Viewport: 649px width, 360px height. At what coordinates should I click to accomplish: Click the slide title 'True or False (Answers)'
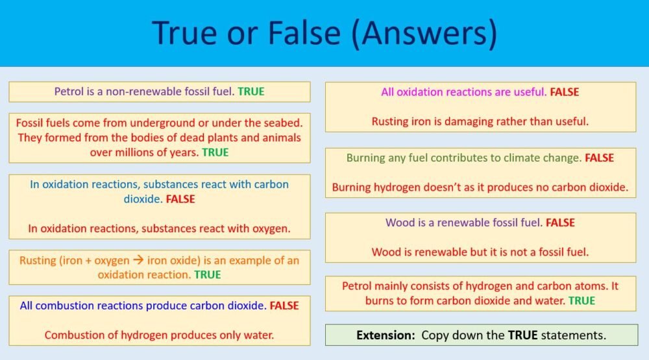pyautogui.click(x=324, y=34)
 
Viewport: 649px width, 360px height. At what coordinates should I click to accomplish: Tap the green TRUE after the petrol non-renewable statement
pyautogui.click(x=251, y=91)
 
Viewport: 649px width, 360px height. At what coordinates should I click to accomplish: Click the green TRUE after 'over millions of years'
pyautogui.click(x=215, y=153)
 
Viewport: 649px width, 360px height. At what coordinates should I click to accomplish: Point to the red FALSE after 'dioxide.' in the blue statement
pyautogui.click(x=180, y=199)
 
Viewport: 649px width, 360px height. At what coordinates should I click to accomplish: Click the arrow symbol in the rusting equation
pyautogui.click(x=138, y=261)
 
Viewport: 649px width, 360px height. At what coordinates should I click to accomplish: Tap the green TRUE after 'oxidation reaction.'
pyautogui.click(x=208, y=275)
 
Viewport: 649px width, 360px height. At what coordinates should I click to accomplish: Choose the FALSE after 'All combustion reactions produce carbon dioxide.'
pyautogui.click(x=284, y=306)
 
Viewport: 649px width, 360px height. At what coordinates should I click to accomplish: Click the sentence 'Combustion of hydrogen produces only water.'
pyautogui.click(x=159, y=335)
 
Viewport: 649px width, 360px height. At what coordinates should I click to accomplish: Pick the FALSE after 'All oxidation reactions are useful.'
pyautogui.click(x=564, y=92)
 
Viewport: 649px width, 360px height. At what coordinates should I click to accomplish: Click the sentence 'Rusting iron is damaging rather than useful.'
pyautogui.click(x=480, y=121)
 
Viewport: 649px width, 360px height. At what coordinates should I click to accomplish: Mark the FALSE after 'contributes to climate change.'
pyautogui.click(x=599, y=158)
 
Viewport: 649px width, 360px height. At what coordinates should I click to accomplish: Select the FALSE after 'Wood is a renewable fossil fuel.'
pyautogui.click(x=560, y=222)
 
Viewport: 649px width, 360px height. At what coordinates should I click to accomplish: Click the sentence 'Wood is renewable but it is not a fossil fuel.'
pyautogui.click(x=480, y=252)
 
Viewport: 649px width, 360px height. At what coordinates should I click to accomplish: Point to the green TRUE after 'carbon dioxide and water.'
pyautogui.click(x=582, y=301)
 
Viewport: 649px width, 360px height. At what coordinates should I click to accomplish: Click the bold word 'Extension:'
pyautogui.click(x=386, y=335)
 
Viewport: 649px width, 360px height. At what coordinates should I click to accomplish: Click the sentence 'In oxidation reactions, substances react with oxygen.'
pyautogui.click(x=159, y=228)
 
